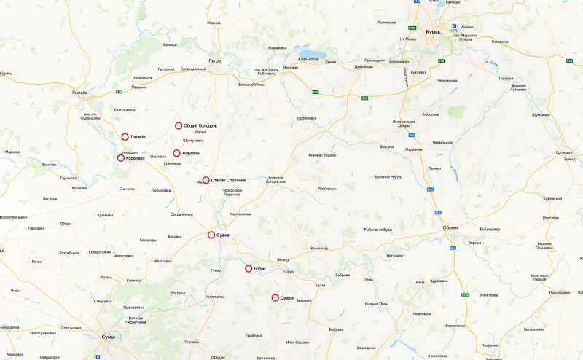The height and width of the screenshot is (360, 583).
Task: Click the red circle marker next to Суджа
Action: click(211, 235)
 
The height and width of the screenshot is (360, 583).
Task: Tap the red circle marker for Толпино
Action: click(125, 136)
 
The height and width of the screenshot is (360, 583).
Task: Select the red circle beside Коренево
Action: click(121, 158)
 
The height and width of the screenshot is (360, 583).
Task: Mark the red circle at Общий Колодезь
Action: click(179, 125)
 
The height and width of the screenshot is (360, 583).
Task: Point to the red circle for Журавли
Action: click(176, 153)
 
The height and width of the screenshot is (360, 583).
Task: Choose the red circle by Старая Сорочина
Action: click(206, 180)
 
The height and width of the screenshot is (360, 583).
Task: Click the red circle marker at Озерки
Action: click(275, 297)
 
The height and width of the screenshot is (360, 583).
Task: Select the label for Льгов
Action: click(214, 60)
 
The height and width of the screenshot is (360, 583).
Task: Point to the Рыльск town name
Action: click(80, 93)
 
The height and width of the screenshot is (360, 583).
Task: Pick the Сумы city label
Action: click(107, 337)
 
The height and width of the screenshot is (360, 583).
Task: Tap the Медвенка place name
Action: click(413, 150)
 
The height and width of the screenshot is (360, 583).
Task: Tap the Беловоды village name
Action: click(148, 240)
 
